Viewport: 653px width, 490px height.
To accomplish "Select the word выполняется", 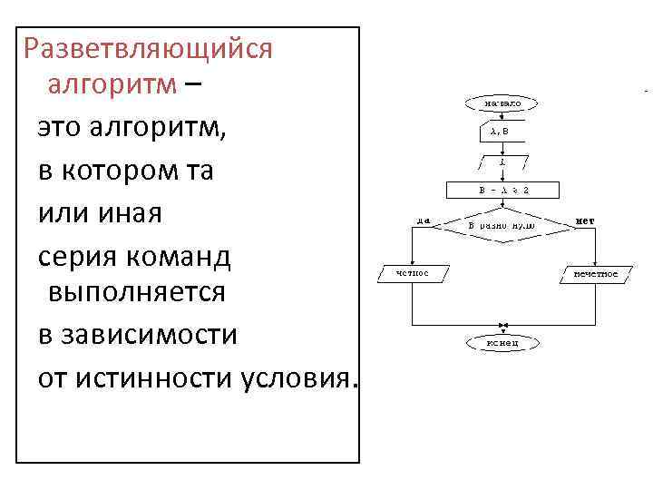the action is point(136,293).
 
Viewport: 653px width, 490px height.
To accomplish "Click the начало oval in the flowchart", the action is point(502,104).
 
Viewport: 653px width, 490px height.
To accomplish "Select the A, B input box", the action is point(502,132).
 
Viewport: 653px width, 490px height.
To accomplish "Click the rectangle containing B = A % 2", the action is point(502,191).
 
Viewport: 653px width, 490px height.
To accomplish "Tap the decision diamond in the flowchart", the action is point(502,224).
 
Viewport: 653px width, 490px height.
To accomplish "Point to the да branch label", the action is point(424,220).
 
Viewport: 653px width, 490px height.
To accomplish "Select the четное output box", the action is point(413,272).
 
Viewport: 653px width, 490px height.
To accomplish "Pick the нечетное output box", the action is point(594,272).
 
